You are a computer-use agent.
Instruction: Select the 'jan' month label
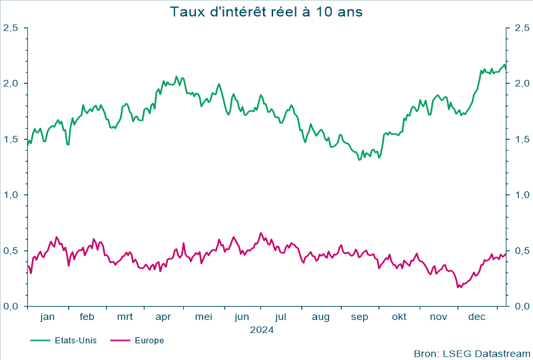pyautogui.click(x=47, y=317)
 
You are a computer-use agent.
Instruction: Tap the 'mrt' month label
pyautogui.click(x=125, y=317)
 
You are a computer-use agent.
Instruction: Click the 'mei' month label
pyautogui.click(x=203, y=317)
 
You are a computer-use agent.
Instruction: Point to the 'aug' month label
pyautogui.click(x=320, y=317)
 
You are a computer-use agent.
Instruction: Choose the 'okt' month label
pyautogui.click(x=399, y=317)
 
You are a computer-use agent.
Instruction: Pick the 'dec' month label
pyautogui.click(x=477, y=317)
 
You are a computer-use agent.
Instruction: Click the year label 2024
pyautogui.click(x=262, y=329)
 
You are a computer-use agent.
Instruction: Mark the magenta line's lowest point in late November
pyautogui.click(x=458, y=287)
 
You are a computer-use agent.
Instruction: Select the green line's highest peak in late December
pyautogui.click(x=504, y=64)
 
